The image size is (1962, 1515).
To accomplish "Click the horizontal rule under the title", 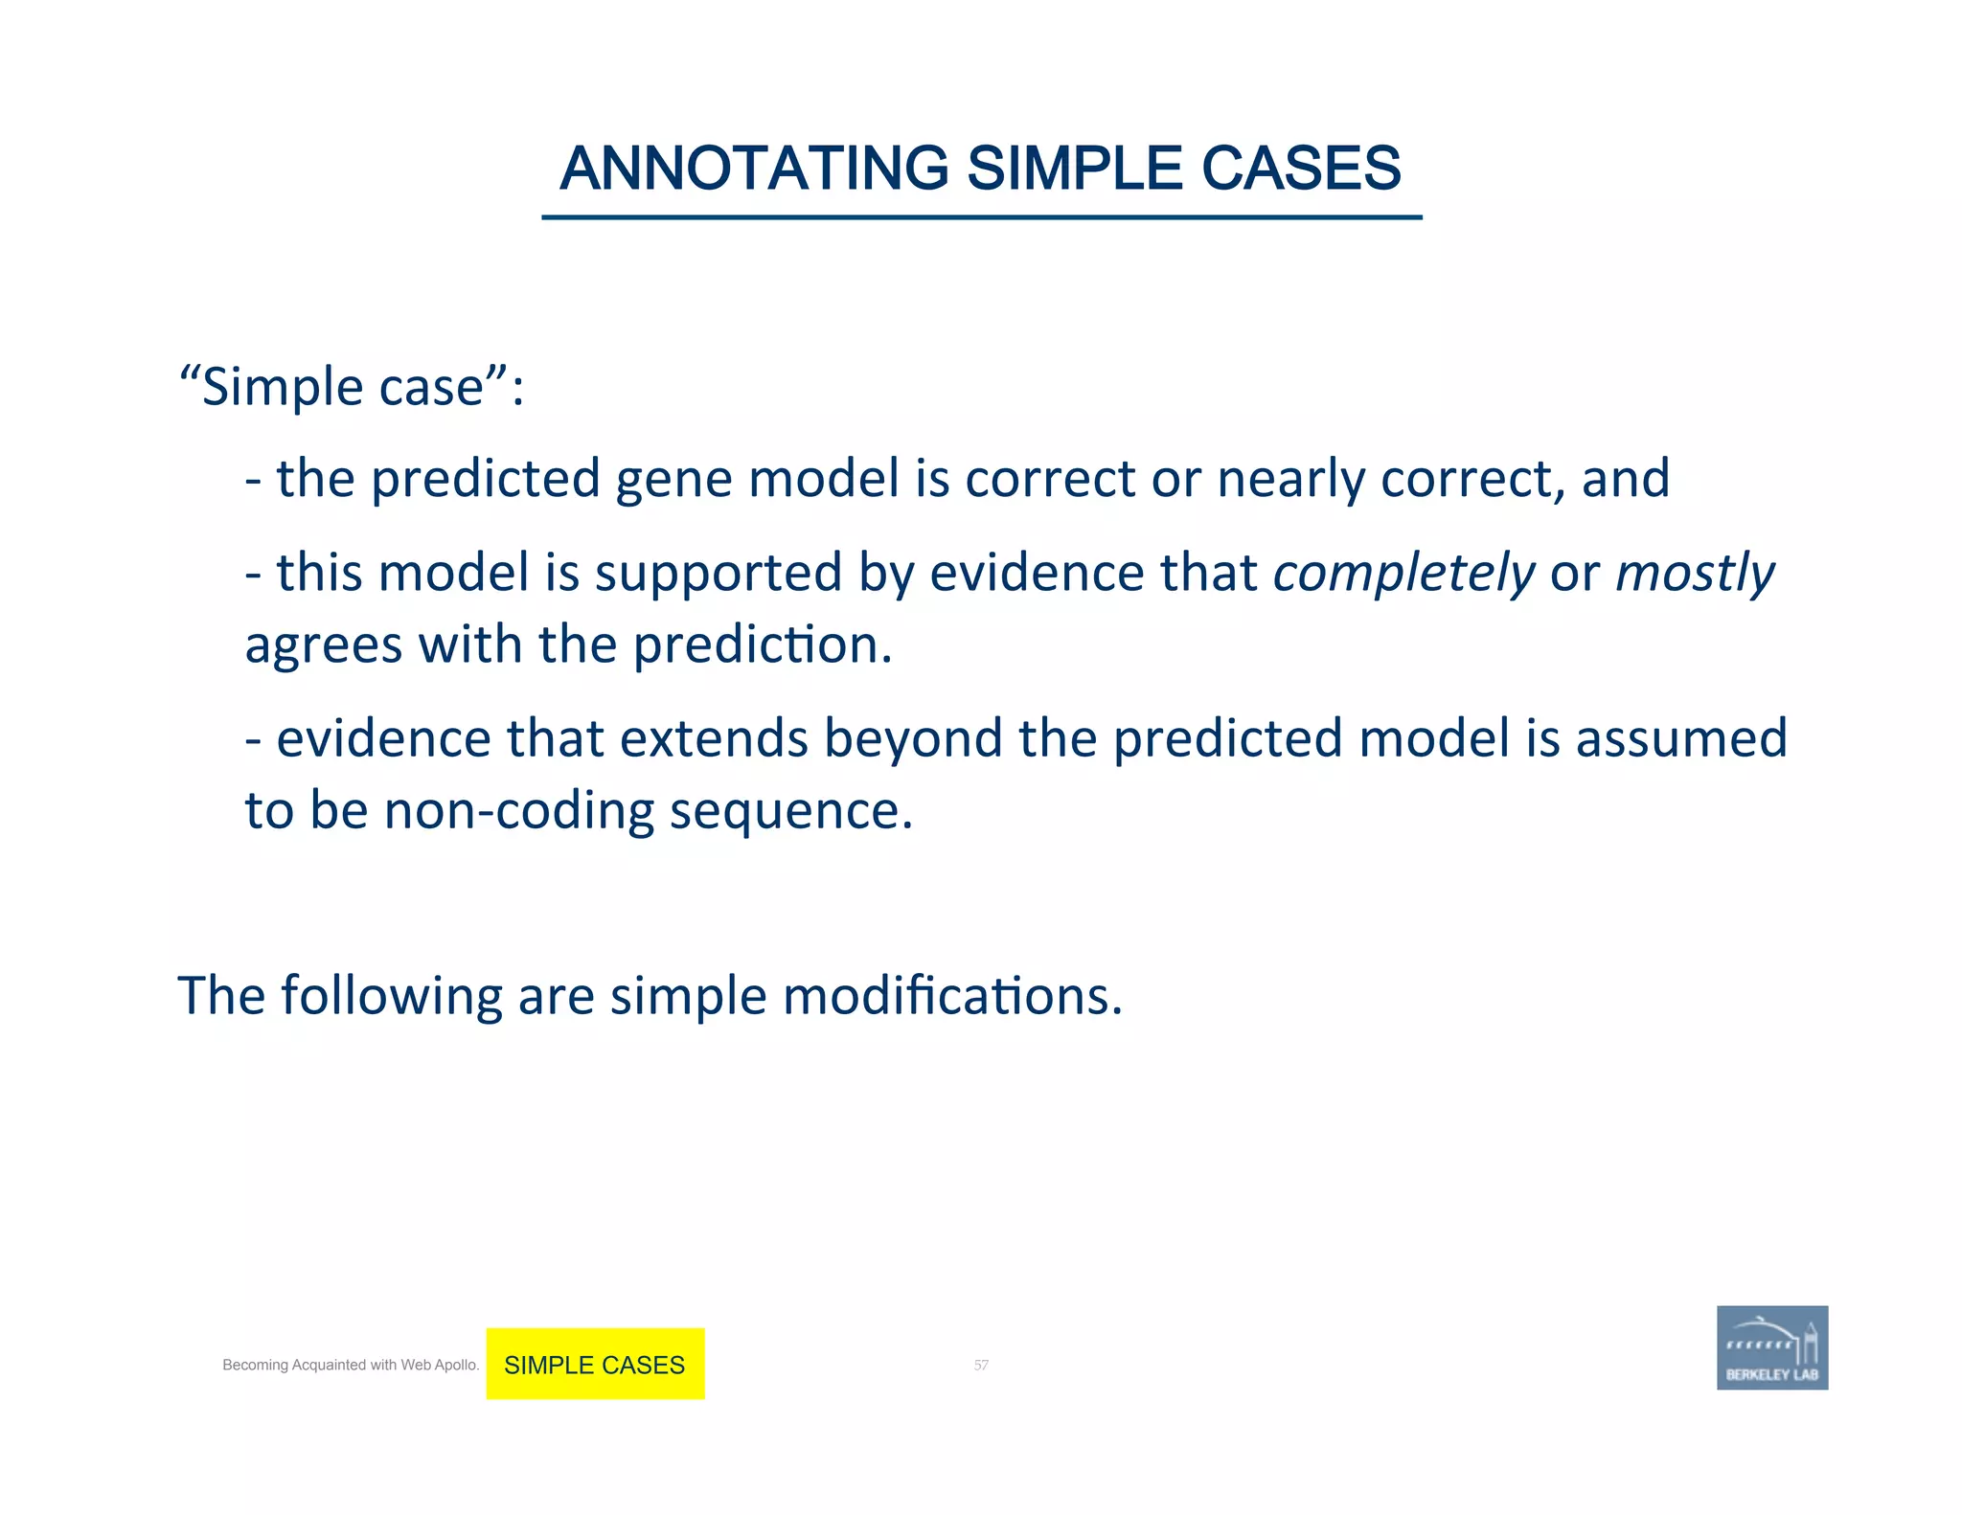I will point(981,217).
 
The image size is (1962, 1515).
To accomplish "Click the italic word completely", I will point(1403,574).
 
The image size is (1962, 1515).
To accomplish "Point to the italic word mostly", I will point(1695,574).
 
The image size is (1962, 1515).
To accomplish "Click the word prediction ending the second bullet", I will point(763,644).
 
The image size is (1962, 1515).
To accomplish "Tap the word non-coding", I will point(518,811).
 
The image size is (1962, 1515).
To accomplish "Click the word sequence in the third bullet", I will point(790,811).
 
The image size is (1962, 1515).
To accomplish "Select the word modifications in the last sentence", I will point(952,996).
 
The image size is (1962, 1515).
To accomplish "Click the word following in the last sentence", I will point(391,996).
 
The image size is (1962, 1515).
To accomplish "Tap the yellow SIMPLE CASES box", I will point(595,1364).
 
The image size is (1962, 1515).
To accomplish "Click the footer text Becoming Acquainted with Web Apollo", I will point(351,1365).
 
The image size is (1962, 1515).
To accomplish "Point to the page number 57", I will point(981,1365).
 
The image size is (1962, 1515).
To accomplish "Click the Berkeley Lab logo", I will point(1771,1347).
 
